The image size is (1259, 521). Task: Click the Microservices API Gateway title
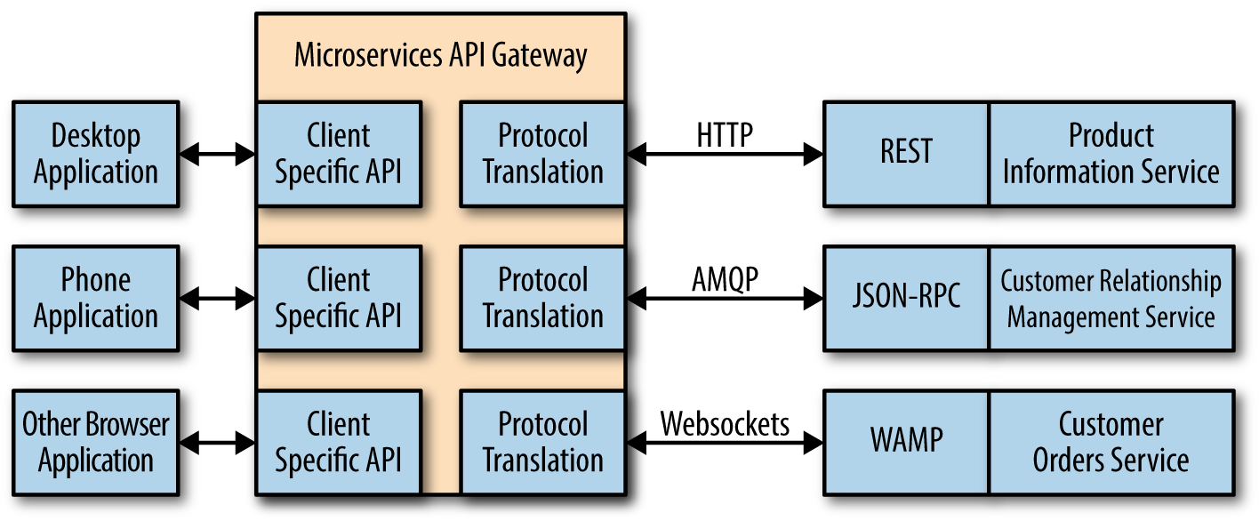440,56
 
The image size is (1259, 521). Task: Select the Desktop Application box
96,154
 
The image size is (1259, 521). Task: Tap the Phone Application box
96,298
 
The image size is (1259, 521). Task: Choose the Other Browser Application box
96,442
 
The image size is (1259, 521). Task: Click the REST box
906,154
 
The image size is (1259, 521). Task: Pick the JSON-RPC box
906,298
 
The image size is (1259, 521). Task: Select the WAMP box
906,442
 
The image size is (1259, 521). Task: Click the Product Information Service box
1111,154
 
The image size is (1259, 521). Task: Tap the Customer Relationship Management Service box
1111,298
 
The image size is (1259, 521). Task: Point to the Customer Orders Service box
1111,442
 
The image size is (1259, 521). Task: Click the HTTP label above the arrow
725,135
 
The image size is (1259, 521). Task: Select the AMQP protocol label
725,279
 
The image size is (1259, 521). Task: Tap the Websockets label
725,424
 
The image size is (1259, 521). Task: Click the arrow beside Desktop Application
218,155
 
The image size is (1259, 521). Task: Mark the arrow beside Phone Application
218,299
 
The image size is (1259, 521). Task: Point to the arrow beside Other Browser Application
218,442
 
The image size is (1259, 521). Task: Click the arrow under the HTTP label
725,155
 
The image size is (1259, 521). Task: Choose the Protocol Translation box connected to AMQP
542,298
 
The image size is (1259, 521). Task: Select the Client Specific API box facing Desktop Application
338,154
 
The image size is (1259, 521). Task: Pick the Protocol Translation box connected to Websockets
542,442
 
